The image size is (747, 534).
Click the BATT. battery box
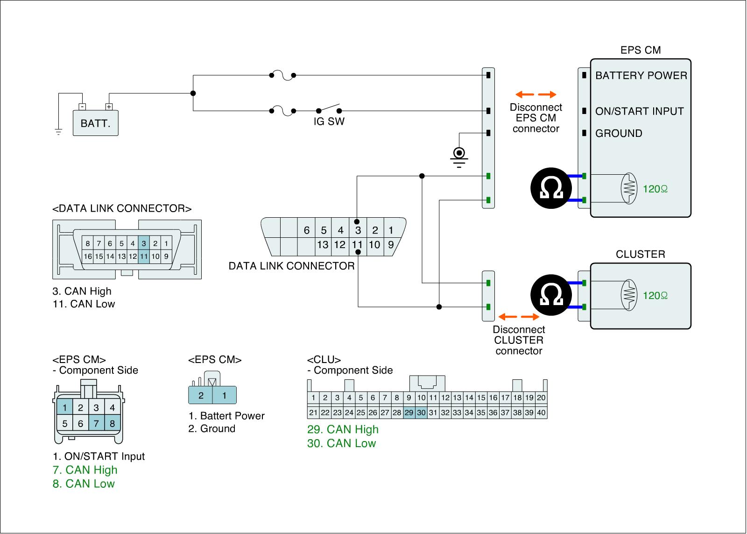95,123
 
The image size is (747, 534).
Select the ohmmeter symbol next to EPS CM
551,188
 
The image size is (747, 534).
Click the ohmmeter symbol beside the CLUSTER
551,295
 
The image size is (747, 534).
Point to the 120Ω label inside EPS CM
655,189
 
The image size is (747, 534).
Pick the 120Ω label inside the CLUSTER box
655,296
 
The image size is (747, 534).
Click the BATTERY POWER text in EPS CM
641,76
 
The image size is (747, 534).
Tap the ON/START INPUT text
639,111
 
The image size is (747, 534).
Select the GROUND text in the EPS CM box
619,134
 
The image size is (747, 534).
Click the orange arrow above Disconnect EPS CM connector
536,94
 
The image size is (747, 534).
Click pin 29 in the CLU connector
409,413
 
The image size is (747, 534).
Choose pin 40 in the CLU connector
541,413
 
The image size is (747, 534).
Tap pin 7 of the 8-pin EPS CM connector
96,424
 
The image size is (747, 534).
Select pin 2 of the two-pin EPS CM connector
201,396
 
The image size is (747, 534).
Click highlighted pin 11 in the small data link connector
144,256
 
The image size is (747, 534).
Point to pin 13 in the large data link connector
323,244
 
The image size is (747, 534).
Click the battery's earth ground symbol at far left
58,131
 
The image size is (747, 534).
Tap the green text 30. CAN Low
341,443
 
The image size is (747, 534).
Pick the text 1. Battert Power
226,416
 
